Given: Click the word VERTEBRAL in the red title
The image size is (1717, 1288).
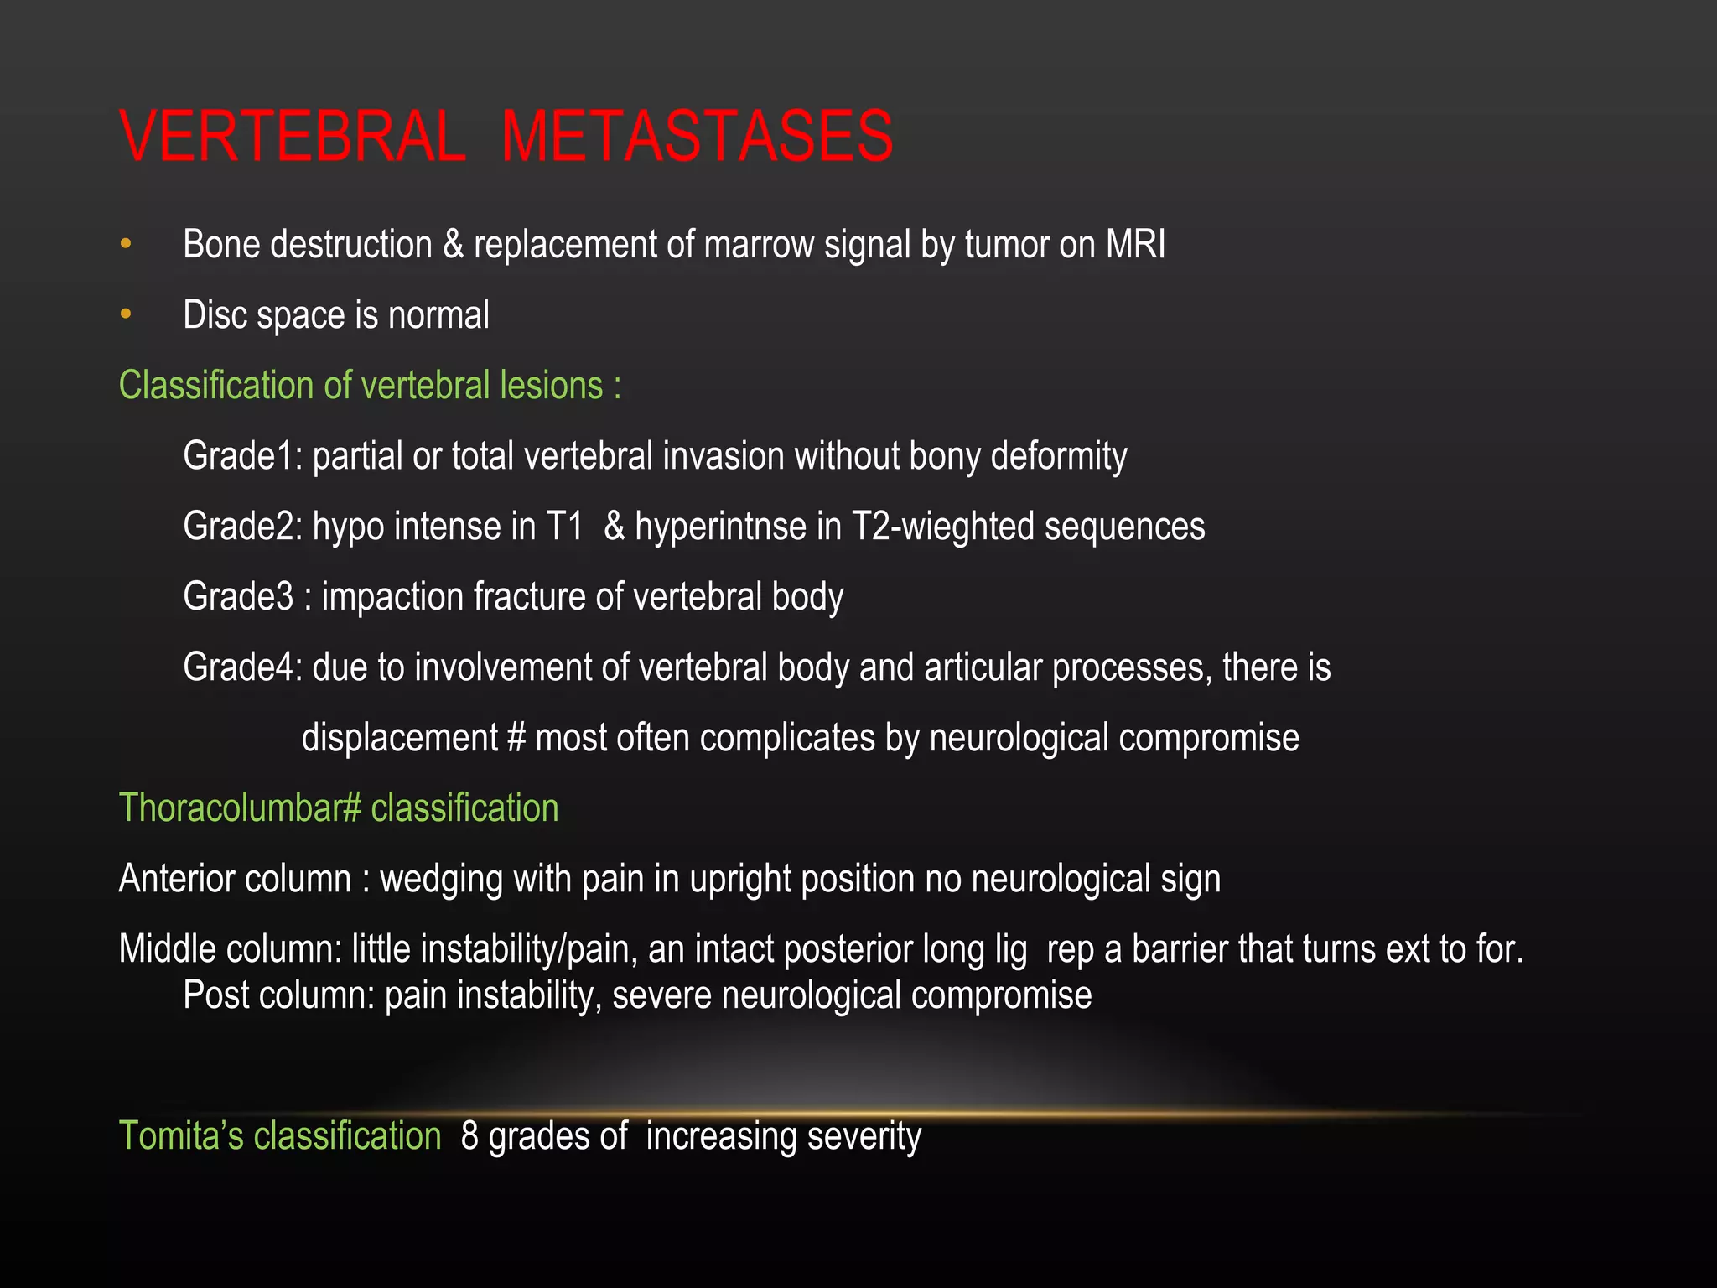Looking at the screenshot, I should coord(292,136).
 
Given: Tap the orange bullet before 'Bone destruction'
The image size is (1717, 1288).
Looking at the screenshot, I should coord(126,244).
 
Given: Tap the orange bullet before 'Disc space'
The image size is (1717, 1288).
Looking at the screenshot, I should coord(126,314).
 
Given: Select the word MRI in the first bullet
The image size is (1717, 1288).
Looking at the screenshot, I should coord(1135,244).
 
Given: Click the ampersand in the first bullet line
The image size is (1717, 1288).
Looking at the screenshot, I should coord(453,244).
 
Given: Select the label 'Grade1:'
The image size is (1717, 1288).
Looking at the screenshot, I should coord(242,456).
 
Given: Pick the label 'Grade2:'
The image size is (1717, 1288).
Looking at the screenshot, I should coord(242,527).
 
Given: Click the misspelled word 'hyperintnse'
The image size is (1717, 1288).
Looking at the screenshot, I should coord(738,527).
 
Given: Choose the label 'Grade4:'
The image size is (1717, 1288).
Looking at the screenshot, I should coord(242,667).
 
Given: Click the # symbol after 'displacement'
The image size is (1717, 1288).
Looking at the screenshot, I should coord(516,738).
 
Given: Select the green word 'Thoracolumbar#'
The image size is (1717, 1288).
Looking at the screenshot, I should coord(240,808).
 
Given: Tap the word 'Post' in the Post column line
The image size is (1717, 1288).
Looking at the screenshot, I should coord(206,995).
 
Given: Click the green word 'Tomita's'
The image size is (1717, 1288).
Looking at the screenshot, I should coord(181,1136).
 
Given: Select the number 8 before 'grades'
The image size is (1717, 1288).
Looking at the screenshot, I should coord(469,1136).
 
